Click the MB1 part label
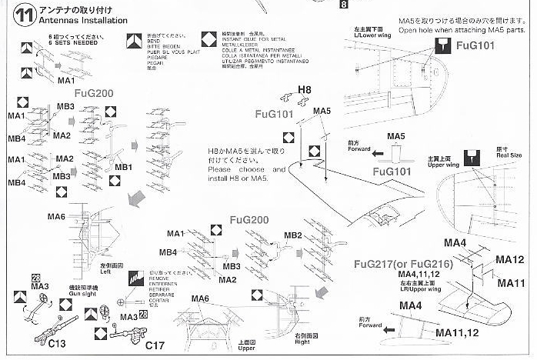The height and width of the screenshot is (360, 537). tap(124, 167)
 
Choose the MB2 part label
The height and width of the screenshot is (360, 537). tap(293, 235)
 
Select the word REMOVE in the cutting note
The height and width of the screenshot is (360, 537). tap(160, 278)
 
